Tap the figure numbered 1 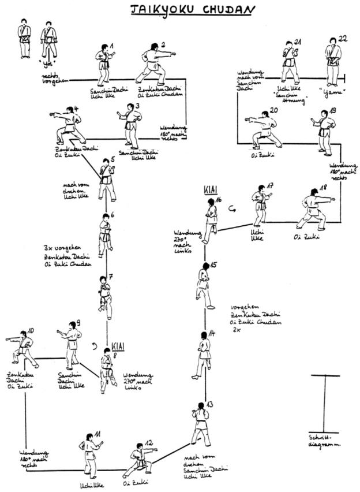click(104, 65)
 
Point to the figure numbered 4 click(70, 125)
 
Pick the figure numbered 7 click(104, 296)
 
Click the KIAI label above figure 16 click(208, 191)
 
